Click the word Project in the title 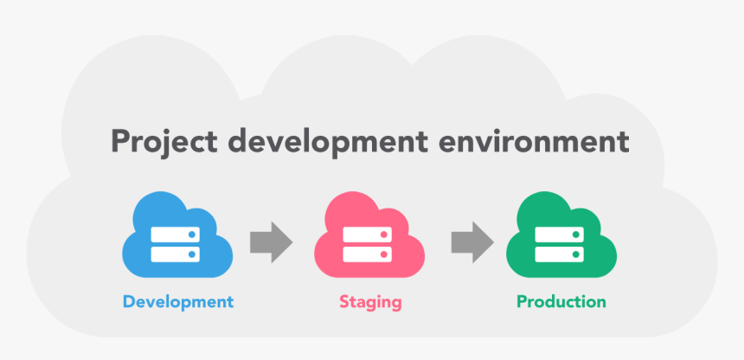coord(164,142)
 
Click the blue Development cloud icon coord(177,235)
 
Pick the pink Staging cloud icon coord(369,235)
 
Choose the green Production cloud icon coord(561,235)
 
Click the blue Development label coord(178,302)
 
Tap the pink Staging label coord(370,303)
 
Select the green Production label coord(561,301)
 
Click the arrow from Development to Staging coord(272,242)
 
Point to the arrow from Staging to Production coord(472,242)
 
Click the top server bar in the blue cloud coord(175,235)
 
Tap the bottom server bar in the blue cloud coord(175,254)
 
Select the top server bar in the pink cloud coord(368,235)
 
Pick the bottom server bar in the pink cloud coord(368,254)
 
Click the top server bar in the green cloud coord(560,235)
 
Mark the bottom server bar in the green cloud coord(560,254)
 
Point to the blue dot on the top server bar coord(192,235)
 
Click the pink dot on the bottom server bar coord(384,254)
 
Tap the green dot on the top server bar coord(576,235)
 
